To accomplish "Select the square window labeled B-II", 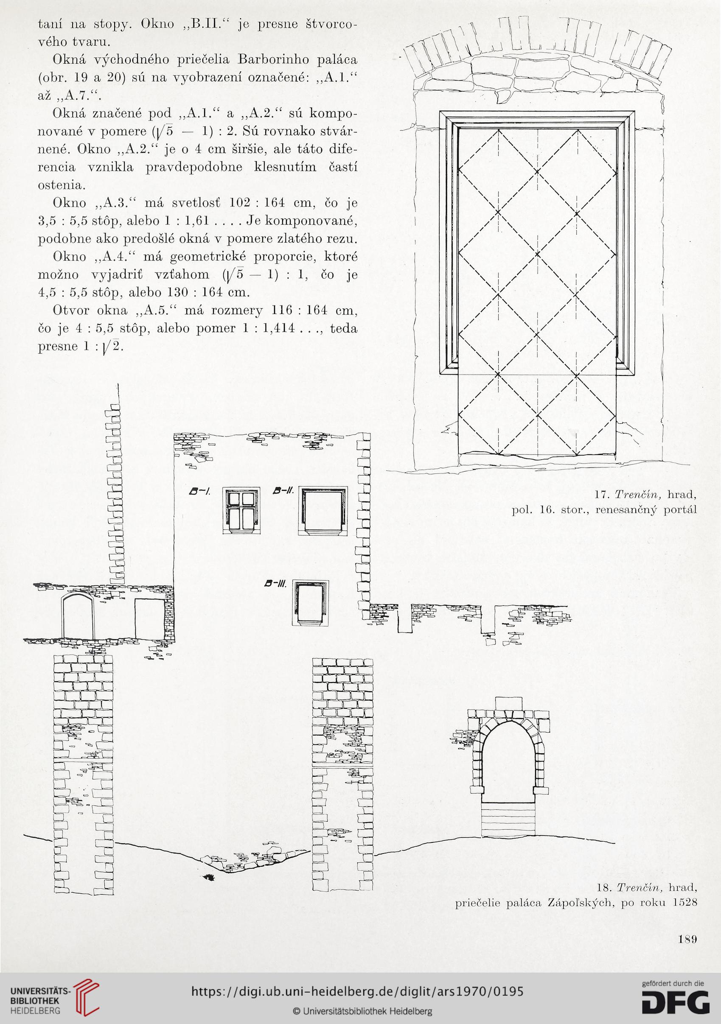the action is pos(323,510).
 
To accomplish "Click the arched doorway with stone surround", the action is pos(508,748).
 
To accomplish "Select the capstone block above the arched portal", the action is pos(508,702).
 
